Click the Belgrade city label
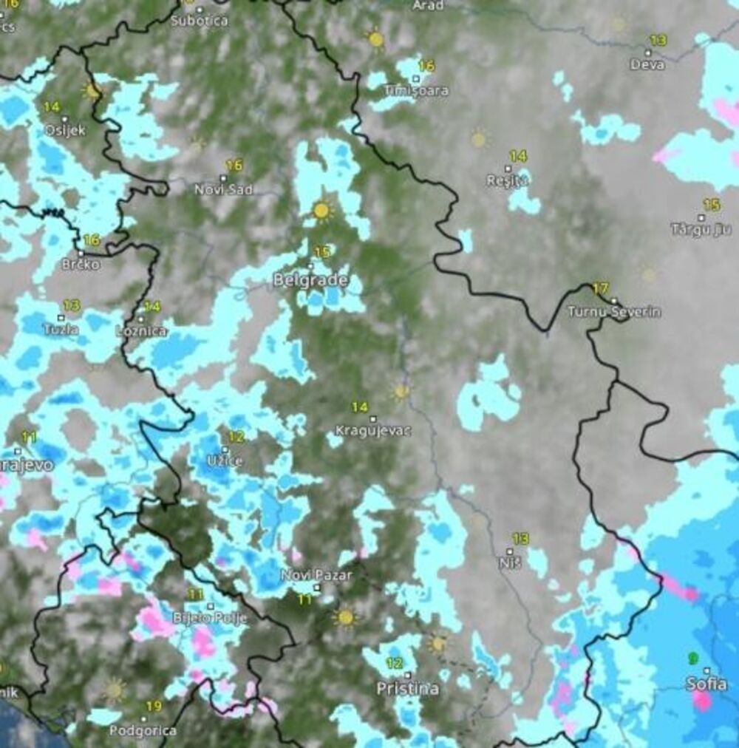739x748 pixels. coord(310,280)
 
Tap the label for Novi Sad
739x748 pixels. coord(223,189)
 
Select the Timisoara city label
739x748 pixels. coord(416,91)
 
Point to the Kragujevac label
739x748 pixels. coord(373,430)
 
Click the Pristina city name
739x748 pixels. coord(407,689)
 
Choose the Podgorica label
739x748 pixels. coord(143,730)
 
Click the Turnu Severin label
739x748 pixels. coord(614,312)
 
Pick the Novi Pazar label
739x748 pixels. coord(316,575)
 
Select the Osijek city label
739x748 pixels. coord(65,130)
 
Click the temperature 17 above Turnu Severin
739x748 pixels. coord(600,288)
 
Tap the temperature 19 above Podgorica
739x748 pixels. coord(153,707)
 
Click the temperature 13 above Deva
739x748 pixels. coord(657,40)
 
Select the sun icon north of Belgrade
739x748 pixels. coord(321,211)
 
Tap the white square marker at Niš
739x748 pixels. coord(510,551)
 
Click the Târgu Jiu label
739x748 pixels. coord(701,229)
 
